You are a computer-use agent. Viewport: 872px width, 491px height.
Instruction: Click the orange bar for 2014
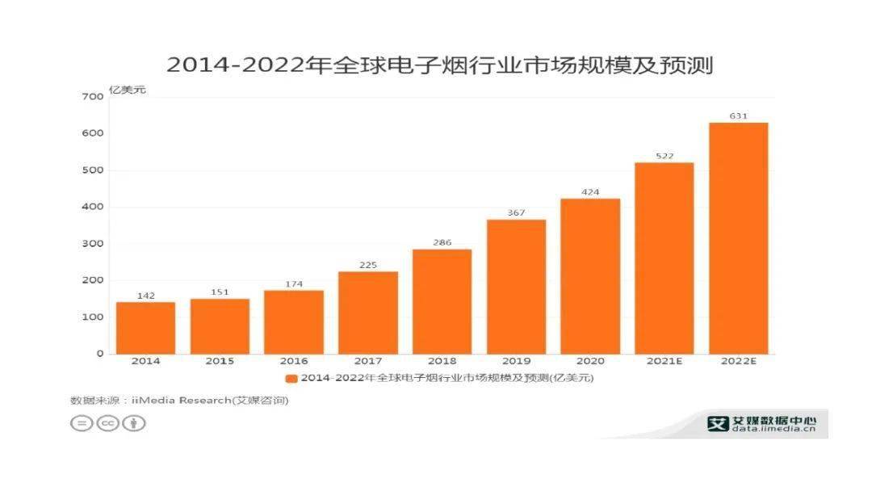point(145,327)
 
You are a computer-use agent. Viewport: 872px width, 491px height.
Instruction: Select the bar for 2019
point(516,286)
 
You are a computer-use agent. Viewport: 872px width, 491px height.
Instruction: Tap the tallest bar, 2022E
point(738,237)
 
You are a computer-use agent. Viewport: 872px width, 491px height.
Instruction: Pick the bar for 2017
point(367,312)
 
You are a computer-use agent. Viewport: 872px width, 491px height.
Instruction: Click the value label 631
point(738,116)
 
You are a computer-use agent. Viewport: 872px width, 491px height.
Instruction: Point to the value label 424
point(590,192)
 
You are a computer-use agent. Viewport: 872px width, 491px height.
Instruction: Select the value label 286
point(442,242)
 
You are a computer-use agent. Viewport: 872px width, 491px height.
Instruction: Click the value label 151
point(220,292)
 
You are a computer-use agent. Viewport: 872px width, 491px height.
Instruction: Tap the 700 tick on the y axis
point(93,97)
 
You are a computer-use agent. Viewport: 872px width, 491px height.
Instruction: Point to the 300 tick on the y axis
point(93,244)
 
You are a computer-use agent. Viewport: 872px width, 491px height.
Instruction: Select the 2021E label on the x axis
point(664,362)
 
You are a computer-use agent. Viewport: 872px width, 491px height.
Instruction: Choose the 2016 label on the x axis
point(294,362)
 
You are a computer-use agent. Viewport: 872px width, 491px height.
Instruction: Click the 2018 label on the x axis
point(442,362)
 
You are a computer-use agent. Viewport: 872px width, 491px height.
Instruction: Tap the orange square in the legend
point(291,378)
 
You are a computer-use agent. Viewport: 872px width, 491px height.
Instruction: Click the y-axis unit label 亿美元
point(127,90)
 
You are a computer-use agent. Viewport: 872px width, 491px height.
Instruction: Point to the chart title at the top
point(439,65)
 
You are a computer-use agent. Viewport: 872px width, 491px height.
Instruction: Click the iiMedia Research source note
point(179,401)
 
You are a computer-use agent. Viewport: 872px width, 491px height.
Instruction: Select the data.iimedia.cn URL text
point(773,429)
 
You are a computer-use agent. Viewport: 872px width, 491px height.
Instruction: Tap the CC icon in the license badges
point(107,423)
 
